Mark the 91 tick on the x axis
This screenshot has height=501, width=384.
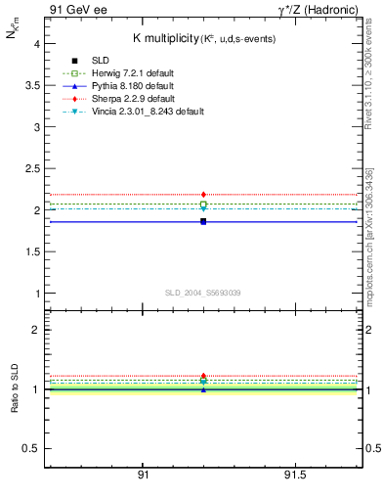pos(143,475)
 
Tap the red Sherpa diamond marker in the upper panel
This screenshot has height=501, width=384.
pos(203,195)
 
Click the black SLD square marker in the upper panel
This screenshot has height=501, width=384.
pos(203,222)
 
